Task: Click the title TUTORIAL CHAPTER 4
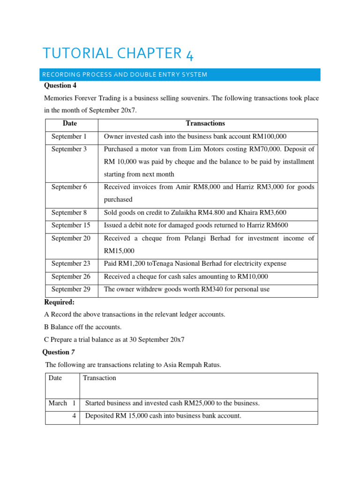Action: coord(118,53)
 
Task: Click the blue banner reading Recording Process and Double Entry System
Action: coord(180,75)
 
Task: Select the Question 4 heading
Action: coord(60,86)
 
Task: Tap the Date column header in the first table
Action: coord(70,124)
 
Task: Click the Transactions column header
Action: coord(205,124)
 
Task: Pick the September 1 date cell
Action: coord(69,136)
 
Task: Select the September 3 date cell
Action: coord(69,149)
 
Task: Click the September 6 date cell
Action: coord(69,187)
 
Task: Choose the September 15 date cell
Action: coord(71,225)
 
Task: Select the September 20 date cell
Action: coord(71,238)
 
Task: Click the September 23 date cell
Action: coord(71,263)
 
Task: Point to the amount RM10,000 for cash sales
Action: coord(251,277)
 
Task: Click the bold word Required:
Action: coord(60,302)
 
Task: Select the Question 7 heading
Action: coord(59,352)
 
